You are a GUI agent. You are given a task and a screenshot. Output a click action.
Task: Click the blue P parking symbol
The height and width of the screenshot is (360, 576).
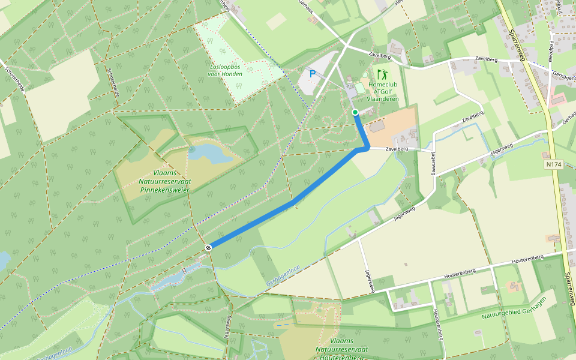click(312, 74)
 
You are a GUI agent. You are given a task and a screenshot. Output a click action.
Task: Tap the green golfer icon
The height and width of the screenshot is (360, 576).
click(382, 75)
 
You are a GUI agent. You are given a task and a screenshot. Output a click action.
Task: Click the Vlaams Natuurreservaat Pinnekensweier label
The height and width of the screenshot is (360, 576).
click(164, 181)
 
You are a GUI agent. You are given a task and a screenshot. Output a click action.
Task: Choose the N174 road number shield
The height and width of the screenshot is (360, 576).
click(553, 163)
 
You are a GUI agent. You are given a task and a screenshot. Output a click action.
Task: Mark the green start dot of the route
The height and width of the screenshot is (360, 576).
click(355, 112)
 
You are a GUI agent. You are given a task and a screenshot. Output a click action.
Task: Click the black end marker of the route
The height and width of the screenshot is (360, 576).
click(208, 247)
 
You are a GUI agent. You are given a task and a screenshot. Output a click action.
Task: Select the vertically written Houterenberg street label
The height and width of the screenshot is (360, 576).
click(439, 325)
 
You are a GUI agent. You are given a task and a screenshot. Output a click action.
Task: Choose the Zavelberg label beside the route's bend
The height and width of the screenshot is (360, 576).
click(397, 148)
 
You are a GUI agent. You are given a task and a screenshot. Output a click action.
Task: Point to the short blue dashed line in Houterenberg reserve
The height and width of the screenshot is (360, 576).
click(286, 323)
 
